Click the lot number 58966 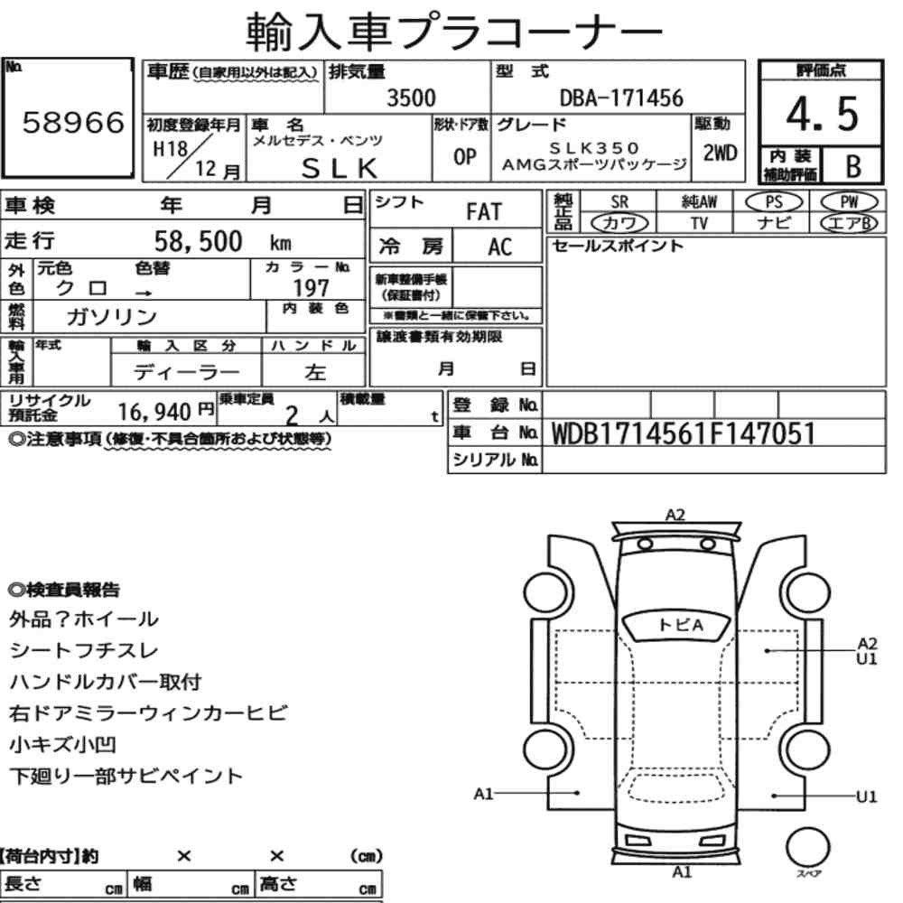(73, 122)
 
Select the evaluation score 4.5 (822, 114)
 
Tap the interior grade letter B (853, 166)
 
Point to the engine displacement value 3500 (411, 98)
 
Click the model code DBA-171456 (621, 98)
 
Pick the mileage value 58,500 (198, 241)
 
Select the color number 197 (311, 288)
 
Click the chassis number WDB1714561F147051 (684, 433)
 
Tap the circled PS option (774, 201)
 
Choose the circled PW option (849, 201)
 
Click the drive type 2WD (720, 154)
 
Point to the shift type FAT (484, 212)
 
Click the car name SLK (340, 168)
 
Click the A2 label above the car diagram (675, 515)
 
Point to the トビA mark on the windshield (680, 625)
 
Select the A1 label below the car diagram (682, 872)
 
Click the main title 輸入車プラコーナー (455, 33)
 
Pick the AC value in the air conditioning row (500, 247)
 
